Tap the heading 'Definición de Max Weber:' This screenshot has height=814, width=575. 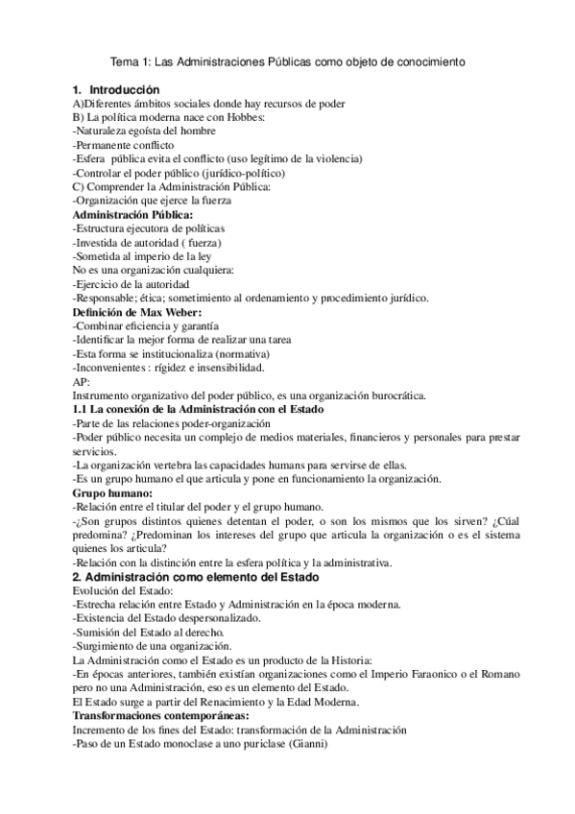point(138,313)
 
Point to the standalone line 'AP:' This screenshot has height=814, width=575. point(83,382)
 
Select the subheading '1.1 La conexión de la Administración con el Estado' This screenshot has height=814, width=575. point(199,410)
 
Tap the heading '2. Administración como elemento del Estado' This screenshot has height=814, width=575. point(197,577)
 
